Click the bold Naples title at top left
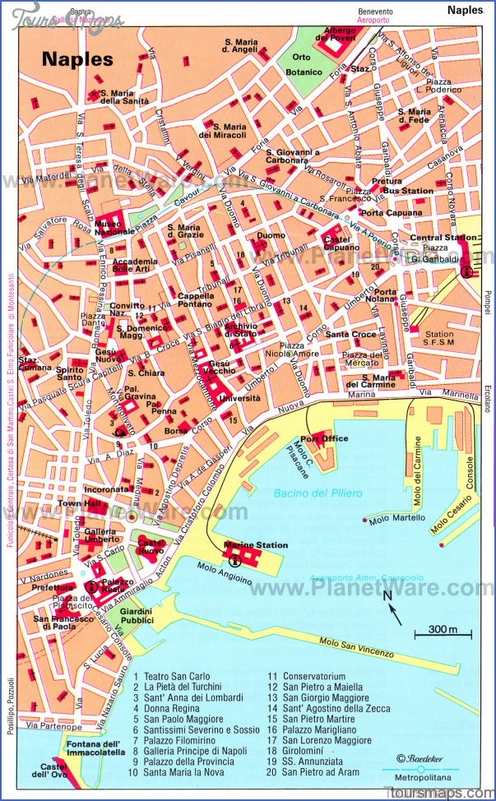[77, 59]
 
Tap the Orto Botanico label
[302, 64]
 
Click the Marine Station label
[256, 545]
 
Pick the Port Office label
[324, 438]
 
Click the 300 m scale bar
[443, 631]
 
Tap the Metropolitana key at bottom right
[417, 779]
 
